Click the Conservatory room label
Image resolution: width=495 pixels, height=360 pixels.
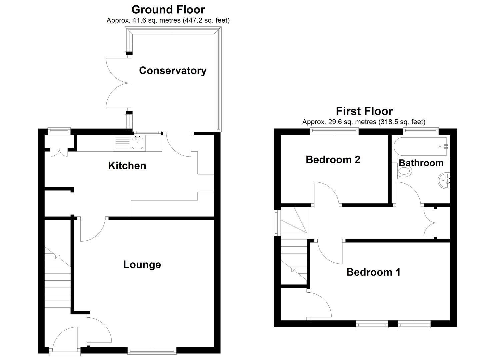pyautogui.click(x=173, y=71)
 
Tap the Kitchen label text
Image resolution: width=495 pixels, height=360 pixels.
pyautogui.click(x=127, y=166)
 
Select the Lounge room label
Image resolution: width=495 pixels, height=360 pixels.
pyautogui.click(x=142, y=264)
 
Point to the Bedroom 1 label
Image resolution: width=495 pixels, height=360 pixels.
pyautogui.click(x=373, y=272)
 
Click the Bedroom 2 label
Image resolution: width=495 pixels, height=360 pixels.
pyautogui.click(x=333, y=160)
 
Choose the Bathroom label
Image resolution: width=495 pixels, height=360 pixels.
pyautogui.click(x=421, y=163)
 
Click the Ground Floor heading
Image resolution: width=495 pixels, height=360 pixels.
pyautogui.click(x=168, y=9)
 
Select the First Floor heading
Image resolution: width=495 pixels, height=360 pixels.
pyautogui.click(x=364, y=111)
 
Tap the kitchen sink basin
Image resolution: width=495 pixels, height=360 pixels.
pyautogui.click(x=138, y=144)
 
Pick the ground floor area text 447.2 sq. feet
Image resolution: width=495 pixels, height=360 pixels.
pyautogui.click(x=206, y=20)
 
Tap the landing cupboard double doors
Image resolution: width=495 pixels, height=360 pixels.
pyautogui.click(x=430, y=223)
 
